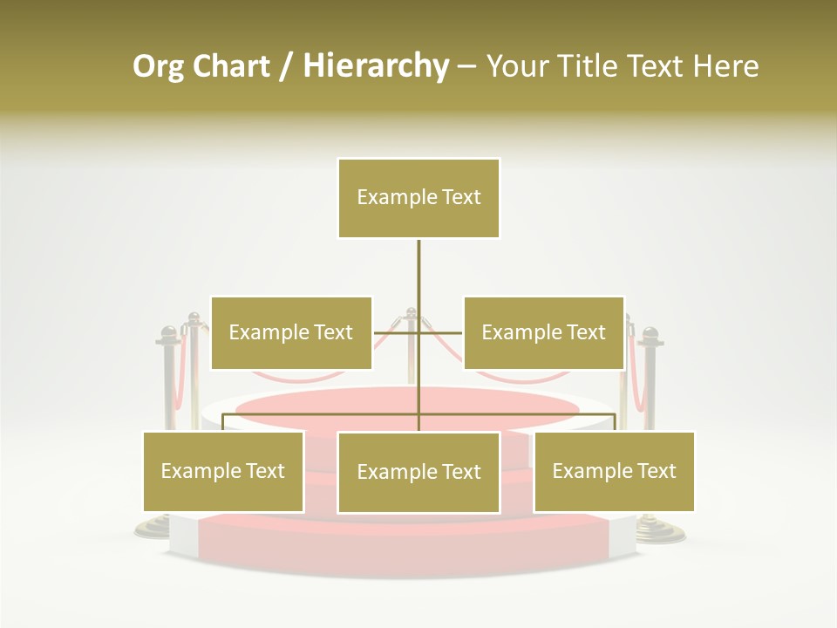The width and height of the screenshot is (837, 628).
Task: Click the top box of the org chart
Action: point(418,198)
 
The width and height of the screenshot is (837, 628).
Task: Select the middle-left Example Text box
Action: point(291,332)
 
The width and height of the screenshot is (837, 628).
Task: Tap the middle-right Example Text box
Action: point(543,332)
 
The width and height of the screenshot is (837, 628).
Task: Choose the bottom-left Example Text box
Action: point(223,471)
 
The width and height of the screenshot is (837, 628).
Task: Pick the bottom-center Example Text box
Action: point(418,472)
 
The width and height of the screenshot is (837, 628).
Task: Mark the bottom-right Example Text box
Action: point(614,471)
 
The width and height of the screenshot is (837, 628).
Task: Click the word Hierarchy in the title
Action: point(376,66)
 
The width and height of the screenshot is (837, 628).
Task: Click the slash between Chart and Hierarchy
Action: point(286,66)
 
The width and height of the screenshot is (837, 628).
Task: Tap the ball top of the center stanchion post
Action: point(411,311)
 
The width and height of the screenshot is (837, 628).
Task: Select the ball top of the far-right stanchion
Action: point(649,334)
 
